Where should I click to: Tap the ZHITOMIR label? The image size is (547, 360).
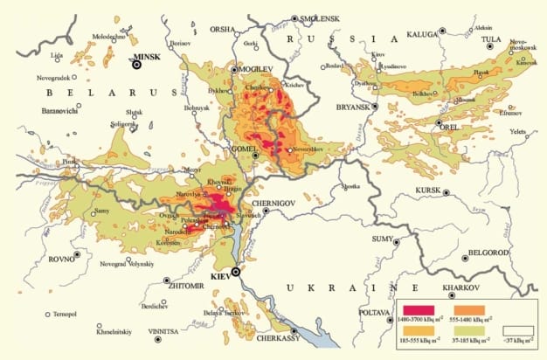click(189, 284)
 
